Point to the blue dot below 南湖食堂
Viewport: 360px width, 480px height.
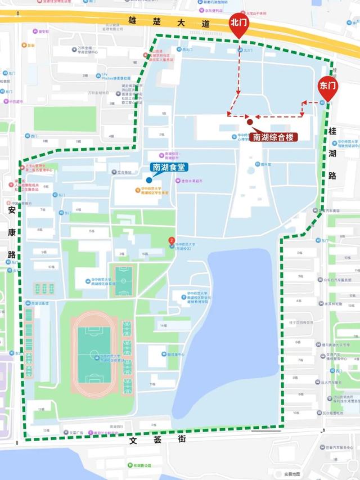click(148, 179)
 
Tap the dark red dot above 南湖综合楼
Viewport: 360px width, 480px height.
click(249, 122)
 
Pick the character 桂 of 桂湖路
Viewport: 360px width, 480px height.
click(333, 131)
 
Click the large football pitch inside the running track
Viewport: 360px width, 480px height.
click(93, 353)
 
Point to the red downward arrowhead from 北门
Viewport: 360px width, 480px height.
click(238, 92)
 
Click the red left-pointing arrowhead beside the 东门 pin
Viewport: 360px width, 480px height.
click(304, 103)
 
